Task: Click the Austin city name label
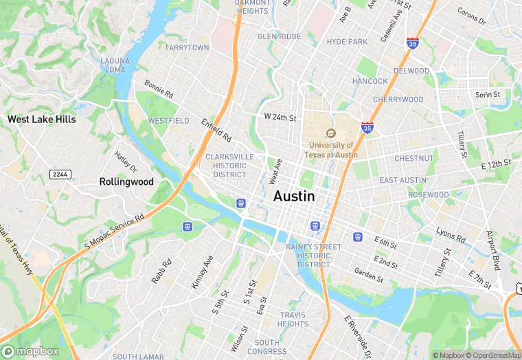pyautogui.click(x=294, y=196)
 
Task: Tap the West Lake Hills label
pyautogui.click(x=41, y=119)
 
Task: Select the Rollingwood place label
pyautogui.click(x=126, y=182)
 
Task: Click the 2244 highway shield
pyautogui.click(x=60, y=175)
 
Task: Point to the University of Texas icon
pyautogui.click(x=330, y=133)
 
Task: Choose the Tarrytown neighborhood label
pyautogui.click(x=187, y=47)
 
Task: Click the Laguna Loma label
pyautogui.click(x=114, y=65)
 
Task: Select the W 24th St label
pyautogui.click(x=280, y=117)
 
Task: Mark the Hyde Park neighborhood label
pyautogui.click(x=347, y=42)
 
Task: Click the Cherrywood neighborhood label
pyautogui.click(x=398, y=100)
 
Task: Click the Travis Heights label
pyautogui.click(x=293, y=319)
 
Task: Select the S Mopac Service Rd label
pyautogui.click(x=114, y=230)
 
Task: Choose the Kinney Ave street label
pyautogui.click(x=203, y=271)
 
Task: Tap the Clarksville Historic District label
pyautogui.click(x=229, y=166)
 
